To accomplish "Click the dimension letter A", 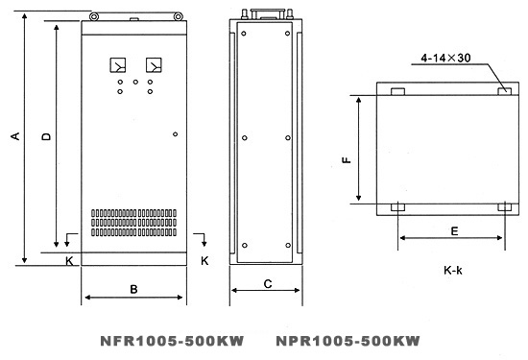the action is click(15, 136).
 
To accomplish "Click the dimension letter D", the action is click(46, 136).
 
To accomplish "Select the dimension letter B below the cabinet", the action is click(133, 289).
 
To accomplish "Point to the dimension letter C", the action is click(268, 284).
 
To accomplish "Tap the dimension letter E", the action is click(455, 231).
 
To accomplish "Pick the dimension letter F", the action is click(347, 159).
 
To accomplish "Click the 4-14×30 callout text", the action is click(445, 58).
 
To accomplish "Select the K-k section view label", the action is click(453, 270).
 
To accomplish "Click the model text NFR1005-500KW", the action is click(172, 341).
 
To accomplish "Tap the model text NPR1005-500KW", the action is click(348, 341).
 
